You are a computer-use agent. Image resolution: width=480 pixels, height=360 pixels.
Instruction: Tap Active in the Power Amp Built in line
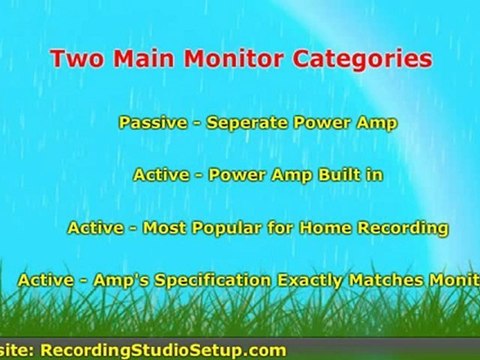click(x=162, y=174)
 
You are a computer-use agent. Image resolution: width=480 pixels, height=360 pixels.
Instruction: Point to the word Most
click(x=163, y=228)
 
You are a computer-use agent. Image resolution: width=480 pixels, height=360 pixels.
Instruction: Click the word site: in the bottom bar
click(x=17, y=349)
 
